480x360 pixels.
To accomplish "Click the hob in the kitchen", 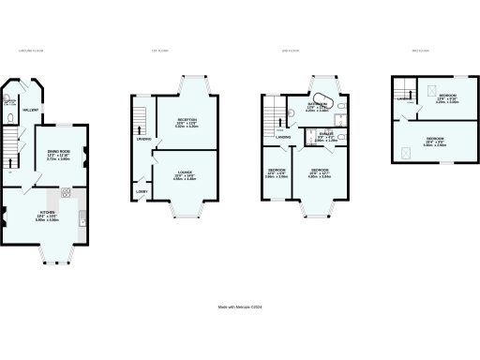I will [67, 194].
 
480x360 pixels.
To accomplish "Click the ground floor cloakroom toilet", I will [8, 120].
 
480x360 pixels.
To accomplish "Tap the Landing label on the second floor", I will [282, 138].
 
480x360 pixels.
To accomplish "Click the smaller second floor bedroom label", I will [276, 172].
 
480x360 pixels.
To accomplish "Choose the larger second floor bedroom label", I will [320, 172].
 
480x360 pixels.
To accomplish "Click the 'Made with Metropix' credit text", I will [239, 306].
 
